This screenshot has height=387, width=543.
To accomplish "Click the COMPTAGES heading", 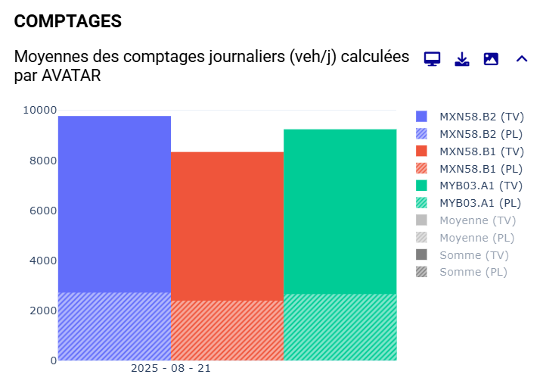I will point(68,21).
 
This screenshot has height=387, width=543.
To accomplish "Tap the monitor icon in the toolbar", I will point(432,59).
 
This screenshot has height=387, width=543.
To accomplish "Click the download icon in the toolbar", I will point(461,59).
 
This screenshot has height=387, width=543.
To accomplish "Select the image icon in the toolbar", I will point(491,59).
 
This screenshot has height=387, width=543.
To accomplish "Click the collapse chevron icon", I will point(521,59).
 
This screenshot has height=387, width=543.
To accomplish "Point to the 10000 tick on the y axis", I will point(39,110).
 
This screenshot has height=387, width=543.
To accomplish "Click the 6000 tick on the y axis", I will point(42,211).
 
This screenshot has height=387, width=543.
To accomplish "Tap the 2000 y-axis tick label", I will point(42,311).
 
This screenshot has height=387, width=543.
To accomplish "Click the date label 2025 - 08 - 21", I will point(171,368).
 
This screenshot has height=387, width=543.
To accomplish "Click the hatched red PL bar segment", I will point(227,330).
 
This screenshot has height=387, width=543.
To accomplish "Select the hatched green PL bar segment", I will point(340,326).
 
